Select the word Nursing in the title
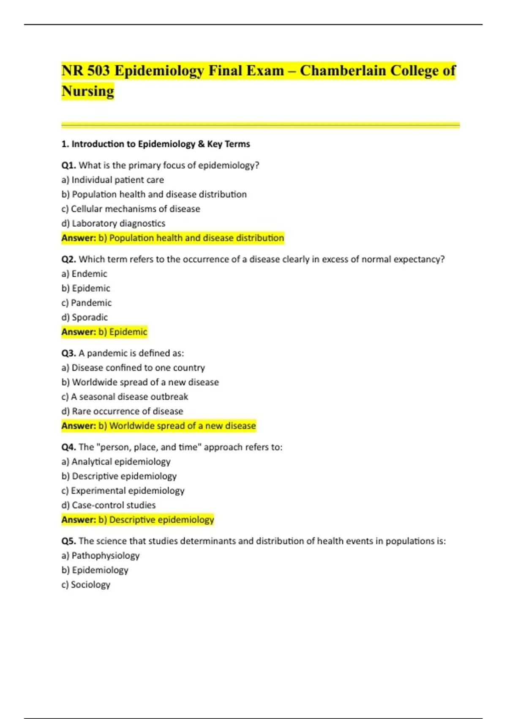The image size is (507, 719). (x=88, y=91)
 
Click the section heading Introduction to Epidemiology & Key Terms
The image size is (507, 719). (x=161, y=144)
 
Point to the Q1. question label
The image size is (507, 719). (x=68, y=165)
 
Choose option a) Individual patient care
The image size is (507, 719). (x=113, y=180)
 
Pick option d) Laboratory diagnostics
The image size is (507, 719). (x=113, y=223)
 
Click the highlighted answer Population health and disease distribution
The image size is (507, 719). (x=196, y=238)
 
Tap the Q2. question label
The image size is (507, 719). (x=68, y=259)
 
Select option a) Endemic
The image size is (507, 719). (x=84, y=274)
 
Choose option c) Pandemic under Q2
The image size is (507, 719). (x=87, y=303)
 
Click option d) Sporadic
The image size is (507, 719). (x=84, y=317)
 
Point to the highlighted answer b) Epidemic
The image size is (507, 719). (x=123, y=332)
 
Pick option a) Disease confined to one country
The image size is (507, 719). (x=133, y=368)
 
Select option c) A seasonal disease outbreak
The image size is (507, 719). (x=125, y=397)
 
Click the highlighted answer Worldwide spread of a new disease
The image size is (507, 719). (x=183, y=425)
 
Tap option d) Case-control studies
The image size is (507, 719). (x=109, y=505)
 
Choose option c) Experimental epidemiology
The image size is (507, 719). (x=123, y=491)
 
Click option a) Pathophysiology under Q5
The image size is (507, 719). (x=101, y=555)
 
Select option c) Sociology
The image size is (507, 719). (x=86, y=585)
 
